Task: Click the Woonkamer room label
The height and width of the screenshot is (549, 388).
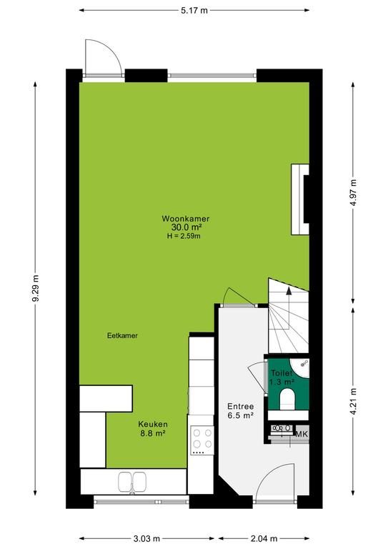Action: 186,219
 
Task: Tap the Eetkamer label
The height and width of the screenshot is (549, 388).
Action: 122,335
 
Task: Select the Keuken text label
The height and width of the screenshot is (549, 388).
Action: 153,425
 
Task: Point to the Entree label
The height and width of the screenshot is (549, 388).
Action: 240,407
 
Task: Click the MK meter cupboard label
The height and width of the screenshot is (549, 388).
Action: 302,434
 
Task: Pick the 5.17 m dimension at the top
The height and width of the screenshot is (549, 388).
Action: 194,11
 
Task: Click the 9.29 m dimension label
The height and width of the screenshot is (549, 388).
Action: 35,289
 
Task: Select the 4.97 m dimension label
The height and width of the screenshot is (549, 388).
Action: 353,192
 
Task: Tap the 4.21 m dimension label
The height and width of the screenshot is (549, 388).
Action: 353,402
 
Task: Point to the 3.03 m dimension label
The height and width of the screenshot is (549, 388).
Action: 146,538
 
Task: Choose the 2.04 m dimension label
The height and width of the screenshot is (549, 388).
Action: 264,538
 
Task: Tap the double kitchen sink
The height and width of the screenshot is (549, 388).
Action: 132,482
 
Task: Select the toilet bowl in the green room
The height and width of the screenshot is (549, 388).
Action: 288,399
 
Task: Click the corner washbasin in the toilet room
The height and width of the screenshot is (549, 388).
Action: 300,366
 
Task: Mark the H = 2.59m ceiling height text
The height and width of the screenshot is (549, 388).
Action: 184,236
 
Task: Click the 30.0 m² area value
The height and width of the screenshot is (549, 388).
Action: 186,227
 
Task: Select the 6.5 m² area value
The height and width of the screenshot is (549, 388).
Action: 241,415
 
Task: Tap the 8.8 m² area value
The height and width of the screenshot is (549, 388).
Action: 153,433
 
